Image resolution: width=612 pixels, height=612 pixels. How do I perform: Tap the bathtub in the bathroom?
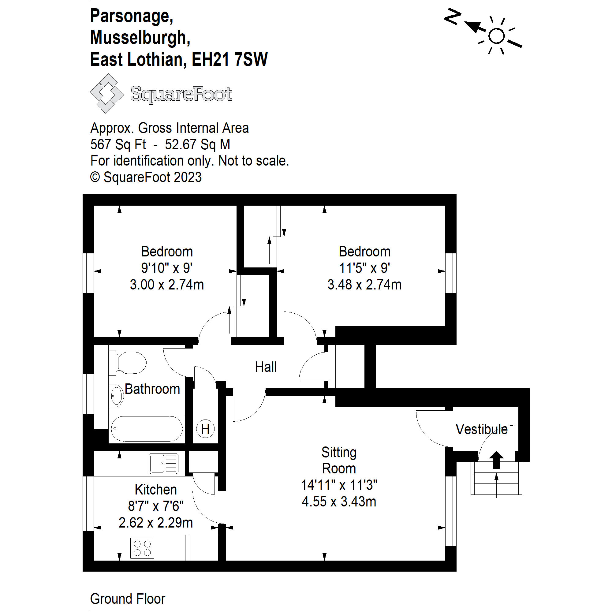(x=147, y=429)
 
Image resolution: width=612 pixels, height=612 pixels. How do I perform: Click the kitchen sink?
(x=163, y=463)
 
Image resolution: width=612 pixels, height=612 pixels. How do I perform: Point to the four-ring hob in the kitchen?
(x=142, y=548)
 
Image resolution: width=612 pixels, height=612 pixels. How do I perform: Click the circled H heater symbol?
(x=205, y=429)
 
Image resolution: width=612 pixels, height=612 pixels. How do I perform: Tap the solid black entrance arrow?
(x=496, y=459)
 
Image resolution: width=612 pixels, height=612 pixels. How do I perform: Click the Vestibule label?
(x=481, y=430)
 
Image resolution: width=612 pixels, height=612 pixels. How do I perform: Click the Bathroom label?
(x=152, y=389)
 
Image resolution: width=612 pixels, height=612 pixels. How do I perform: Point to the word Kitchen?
(x=156, y=490)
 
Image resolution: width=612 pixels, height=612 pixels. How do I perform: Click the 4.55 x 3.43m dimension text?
(x=339, y=502)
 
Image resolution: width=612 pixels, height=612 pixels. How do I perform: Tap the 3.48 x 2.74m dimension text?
(x=364, y=285)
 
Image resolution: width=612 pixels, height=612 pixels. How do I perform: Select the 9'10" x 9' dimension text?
(x=167, y=268)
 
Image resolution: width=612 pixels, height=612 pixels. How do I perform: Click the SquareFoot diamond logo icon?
(x=107, y=93)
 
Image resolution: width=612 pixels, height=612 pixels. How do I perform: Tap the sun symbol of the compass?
(x=496, y=36)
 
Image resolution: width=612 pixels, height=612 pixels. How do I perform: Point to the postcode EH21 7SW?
(x=230, y=60)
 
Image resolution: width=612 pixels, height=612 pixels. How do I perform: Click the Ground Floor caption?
(x=128, y=599)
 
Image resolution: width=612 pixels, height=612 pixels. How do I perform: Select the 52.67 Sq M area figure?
(x=197, y=144)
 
